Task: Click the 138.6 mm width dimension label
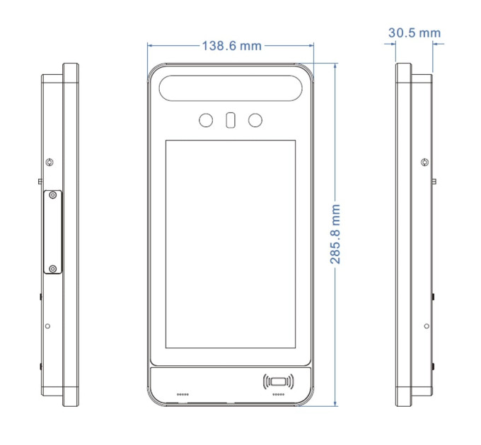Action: [231, 46]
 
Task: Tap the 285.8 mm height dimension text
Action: [335, 235]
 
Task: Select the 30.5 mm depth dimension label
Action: [415, 32]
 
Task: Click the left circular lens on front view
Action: [206, 120]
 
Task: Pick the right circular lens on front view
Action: [255, 120]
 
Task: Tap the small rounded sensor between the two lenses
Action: [231, 120]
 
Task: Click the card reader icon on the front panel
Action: [278, 381]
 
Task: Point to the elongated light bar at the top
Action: [231, 88]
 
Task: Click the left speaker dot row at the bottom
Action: [182, 394]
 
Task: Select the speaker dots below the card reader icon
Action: [278, 394]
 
